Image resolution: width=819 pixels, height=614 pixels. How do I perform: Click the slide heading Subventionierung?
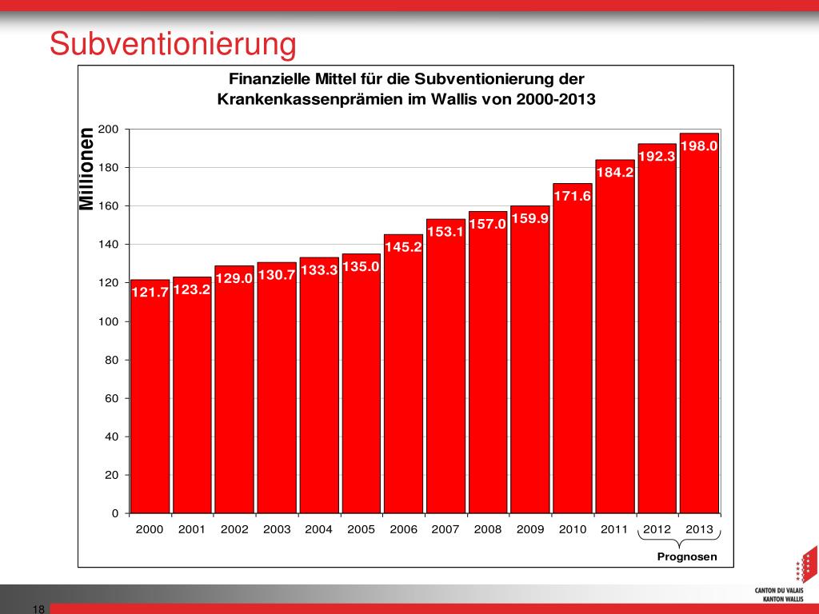pyautogui.click(x=173, y=44)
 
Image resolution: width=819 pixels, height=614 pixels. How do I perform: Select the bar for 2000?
pyautogui.click(x=150, y=400)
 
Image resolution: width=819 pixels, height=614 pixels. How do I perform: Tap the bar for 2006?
pyautogui.click(x=403, y=384)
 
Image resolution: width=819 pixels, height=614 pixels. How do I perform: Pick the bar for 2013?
pyautogui.click(x=699, y=336)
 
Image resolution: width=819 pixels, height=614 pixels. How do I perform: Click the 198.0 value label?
pyautogui.click(x=698, y=146)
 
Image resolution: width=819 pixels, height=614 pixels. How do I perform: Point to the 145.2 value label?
pyautogui.click(x=403, y=247)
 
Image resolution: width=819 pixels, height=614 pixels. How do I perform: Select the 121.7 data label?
pyautogui.click(x=150, y=293)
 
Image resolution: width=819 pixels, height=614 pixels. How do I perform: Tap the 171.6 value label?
pyautogui.click(x=572, y=196)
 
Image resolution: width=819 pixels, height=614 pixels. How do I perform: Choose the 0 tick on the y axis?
pyautogui.click(x=115, y=513)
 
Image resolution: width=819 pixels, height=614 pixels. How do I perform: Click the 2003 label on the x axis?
pyautogui.click(x=277, y=529)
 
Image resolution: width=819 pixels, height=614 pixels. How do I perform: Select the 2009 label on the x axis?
pyautogui.click(x=530, y=529)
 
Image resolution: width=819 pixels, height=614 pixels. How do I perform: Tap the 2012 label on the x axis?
pyautogui.click(x=657, y=529)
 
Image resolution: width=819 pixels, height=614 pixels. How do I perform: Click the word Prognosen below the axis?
pyautogui.click(x=687, y=556)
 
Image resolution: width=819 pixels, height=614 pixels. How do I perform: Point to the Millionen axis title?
pyautogui.click(x=86, y=169)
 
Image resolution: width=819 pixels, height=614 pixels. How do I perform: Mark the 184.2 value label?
pyautogui.click(x=614, y=172)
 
